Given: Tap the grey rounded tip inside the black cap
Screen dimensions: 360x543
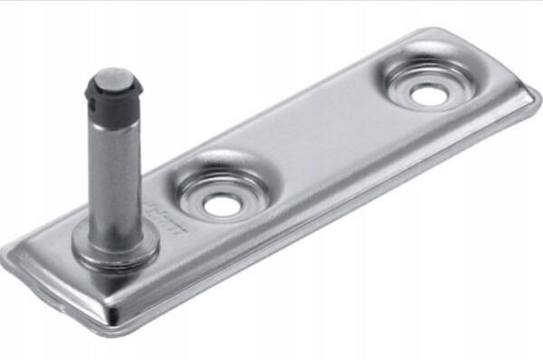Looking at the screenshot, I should [111, 76].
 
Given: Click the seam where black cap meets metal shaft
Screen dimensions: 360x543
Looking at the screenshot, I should [111, 108].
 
